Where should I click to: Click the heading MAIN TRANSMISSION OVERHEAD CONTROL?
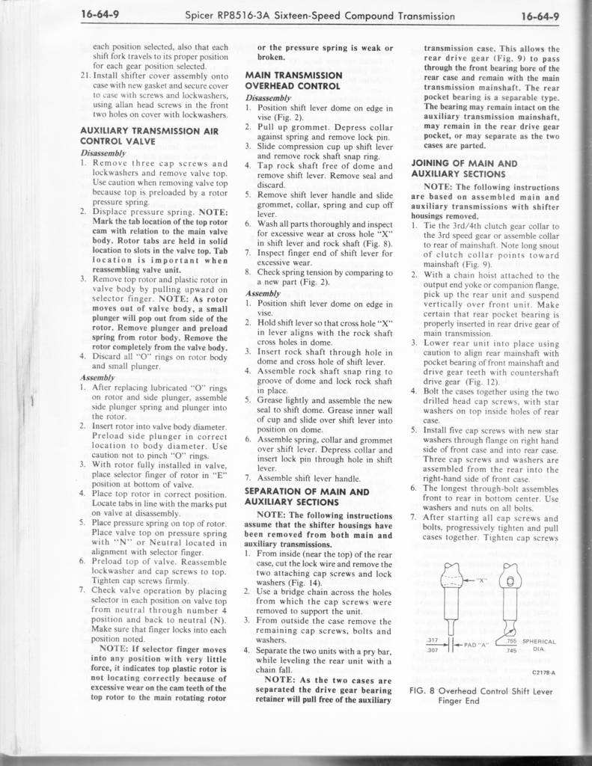tap(294, 80)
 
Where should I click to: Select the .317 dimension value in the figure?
tap(431, 640)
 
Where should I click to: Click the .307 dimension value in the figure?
tap(431, 649)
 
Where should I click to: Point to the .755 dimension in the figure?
tap(512, 640)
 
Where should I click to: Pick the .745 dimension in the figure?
tap(512, 649)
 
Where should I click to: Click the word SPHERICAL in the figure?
tap(539, 641)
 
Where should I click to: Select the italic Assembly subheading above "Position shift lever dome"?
tap(260, 294)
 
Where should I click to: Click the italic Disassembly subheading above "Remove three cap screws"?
tap(98, 153)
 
